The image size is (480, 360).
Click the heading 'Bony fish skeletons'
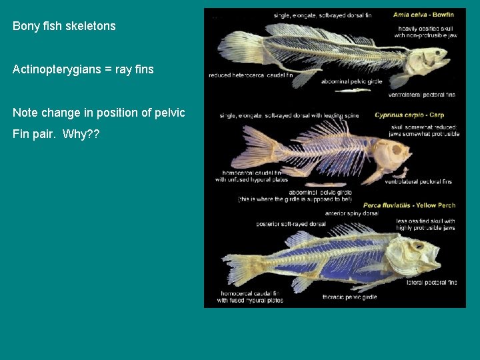point(64,27)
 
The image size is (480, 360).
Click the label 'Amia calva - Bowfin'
point(423,15)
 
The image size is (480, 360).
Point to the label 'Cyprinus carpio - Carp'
point(409,115)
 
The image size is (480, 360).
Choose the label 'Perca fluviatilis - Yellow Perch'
point(409,205)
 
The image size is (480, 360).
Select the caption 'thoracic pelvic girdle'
point(349,297)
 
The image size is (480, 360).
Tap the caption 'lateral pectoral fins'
point(431,282)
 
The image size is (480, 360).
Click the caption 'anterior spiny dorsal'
point(351,213)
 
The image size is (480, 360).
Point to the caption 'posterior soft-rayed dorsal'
point(291,224)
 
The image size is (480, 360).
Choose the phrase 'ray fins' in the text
point(133,69)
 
